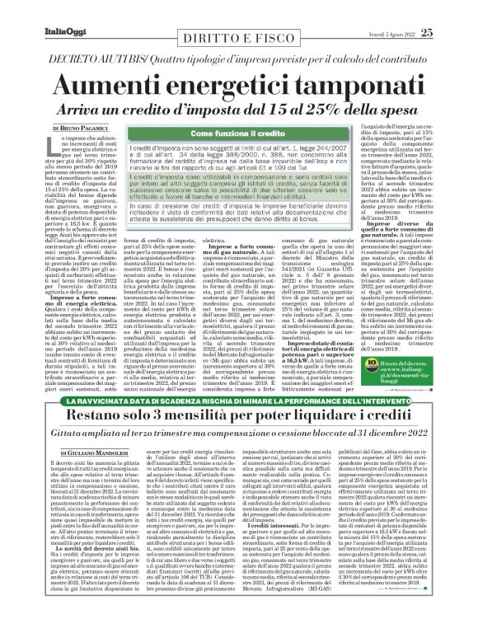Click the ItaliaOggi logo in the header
[40, 10]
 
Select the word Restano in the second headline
[62, 393]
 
